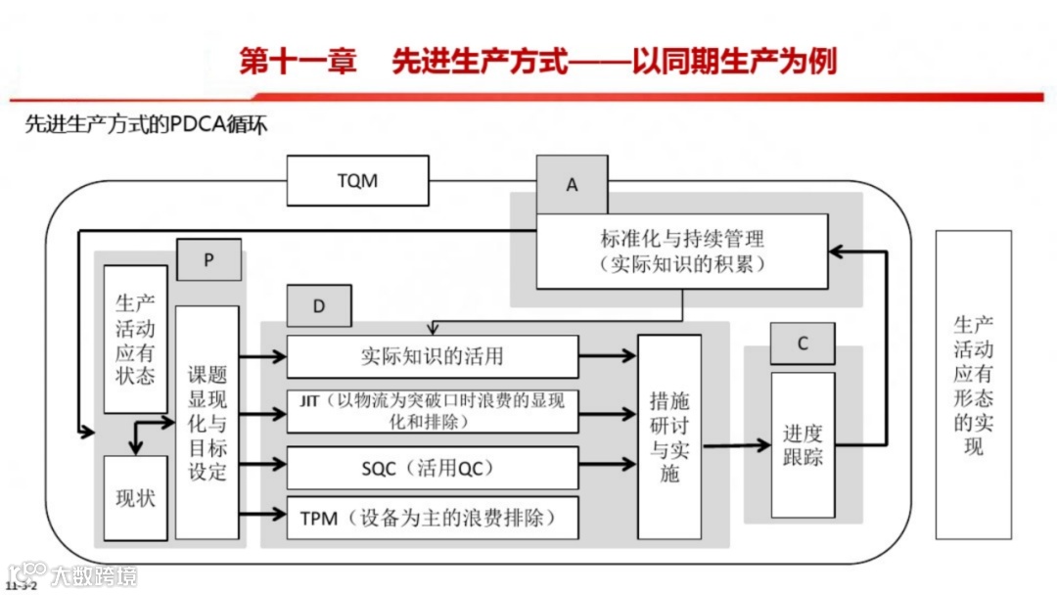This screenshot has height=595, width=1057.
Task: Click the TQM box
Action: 357,181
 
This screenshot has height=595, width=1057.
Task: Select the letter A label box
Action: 572,184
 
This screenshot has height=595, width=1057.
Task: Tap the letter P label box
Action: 208,259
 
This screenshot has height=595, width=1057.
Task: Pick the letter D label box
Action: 318,305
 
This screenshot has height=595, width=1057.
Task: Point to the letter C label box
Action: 802,343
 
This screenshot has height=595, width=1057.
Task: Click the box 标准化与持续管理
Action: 682,251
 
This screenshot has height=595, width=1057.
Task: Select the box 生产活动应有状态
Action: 135,339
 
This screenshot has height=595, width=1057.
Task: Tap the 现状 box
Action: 135,497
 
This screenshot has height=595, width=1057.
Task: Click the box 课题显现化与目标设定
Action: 207,422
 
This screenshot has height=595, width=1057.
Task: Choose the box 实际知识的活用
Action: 432,356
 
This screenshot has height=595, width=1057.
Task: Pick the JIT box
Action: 432,411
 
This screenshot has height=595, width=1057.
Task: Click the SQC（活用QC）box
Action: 432,468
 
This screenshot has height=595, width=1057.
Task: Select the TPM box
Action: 432,516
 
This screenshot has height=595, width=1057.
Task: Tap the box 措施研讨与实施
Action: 669,436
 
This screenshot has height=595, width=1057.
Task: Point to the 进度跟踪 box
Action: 803,444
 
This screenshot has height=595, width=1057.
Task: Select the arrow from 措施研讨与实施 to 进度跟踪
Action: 736,445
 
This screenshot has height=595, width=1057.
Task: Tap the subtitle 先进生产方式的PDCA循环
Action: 146,125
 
